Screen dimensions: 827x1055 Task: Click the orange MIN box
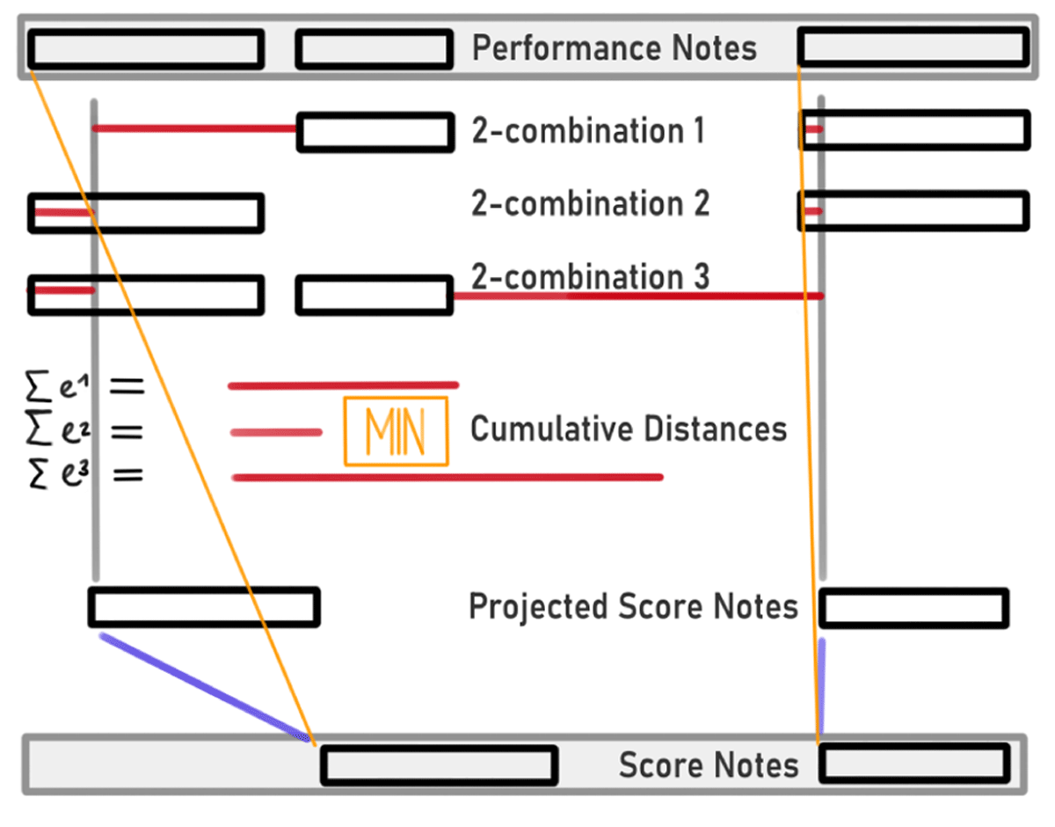[x=396, y=431]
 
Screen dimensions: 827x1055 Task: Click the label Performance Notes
[x=614, y=48]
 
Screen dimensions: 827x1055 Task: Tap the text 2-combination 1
[x=588, y=131]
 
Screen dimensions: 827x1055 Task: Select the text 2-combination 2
[x=590, y=204]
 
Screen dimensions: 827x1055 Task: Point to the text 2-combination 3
[x=590, y=276]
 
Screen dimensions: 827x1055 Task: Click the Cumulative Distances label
[x=629, y=429]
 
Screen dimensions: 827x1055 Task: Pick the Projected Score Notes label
[x=633, y=607]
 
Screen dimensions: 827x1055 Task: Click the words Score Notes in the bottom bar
[x=709, y=765]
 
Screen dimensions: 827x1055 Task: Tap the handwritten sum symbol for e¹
[x=40, y=384]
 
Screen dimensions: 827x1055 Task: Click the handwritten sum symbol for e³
[x=40, y=476]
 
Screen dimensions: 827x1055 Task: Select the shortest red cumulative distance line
[x=276, y=432]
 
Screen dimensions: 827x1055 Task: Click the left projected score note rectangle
[x=204, y=607]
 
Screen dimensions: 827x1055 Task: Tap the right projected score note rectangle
[x=913, y=608]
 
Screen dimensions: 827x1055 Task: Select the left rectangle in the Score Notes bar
[x=439, y=765]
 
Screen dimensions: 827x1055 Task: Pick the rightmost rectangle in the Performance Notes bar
[x=913, y=47]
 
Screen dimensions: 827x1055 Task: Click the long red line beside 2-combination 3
[x=637, y=296]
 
